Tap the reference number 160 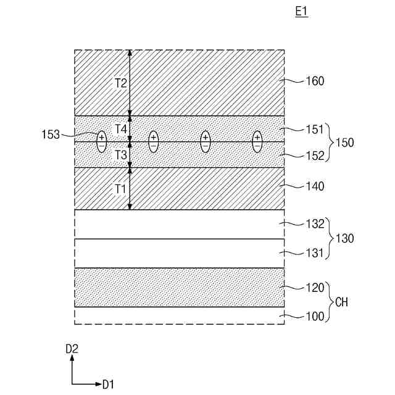(315, 81)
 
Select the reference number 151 (315, 130)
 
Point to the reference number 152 (315, 156)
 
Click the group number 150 (344, 143)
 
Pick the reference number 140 (315, 186)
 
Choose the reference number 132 (315, 224)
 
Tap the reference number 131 (315, 252)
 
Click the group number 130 (344, 238)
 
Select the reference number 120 (315, 287)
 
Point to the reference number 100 (315, 317)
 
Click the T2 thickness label (121, 83)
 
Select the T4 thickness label (121, 128)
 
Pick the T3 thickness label (121, 154)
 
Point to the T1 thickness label (121, 188)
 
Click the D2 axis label (72, 349)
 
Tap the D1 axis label (108, 385)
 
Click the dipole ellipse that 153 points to (102, 142)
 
